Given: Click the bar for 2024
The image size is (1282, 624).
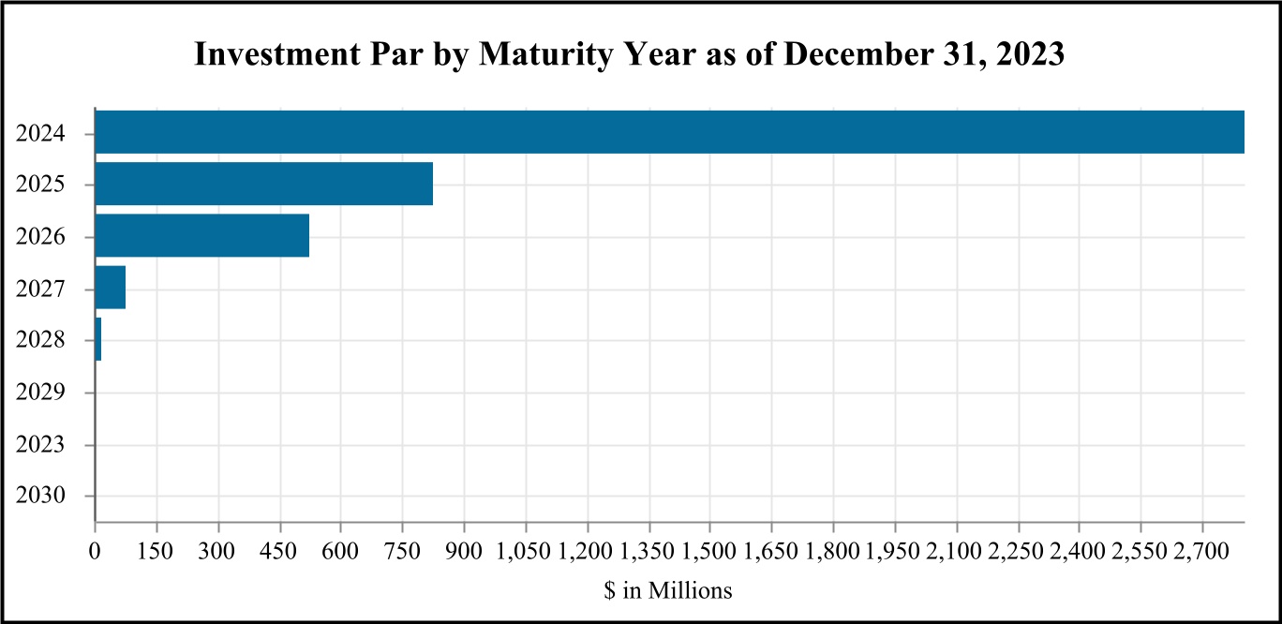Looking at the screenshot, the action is (x=670, y=132).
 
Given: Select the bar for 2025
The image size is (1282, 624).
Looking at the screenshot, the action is (x=264, y=184).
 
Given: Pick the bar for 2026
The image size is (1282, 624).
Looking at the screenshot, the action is (x=202, y=236).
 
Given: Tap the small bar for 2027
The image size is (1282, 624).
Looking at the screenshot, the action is (x=111, y=287).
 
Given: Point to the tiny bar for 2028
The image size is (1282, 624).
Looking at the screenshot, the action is (x=98, y=339).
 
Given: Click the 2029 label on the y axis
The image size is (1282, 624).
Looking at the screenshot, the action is (x=40, y=393).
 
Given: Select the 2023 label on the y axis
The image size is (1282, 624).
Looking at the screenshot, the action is (x=40, y=444).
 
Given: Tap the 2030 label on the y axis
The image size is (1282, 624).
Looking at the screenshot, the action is (x=40, y=496).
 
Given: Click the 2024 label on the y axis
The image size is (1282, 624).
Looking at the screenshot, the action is (x=40, y=134).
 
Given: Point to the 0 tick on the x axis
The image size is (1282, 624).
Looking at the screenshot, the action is (x=95, y=551).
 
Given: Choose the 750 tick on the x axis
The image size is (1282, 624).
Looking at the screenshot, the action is (x=402, y=551).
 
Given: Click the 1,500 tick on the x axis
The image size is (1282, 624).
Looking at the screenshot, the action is (x=710, y=551).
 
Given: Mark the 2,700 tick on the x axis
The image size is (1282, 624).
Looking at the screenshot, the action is (x=1201, y=551).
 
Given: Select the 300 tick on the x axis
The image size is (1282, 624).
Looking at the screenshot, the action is (x=216, y=551).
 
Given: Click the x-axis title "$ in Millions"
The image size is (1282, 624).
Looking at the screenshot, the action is (x=668, y=590).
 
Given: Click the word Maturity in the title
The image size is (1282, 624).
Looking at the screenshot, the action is (x=545, y=54).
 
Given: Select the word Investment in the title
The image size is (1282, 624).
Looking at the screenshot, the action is (x=277, y=53).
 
